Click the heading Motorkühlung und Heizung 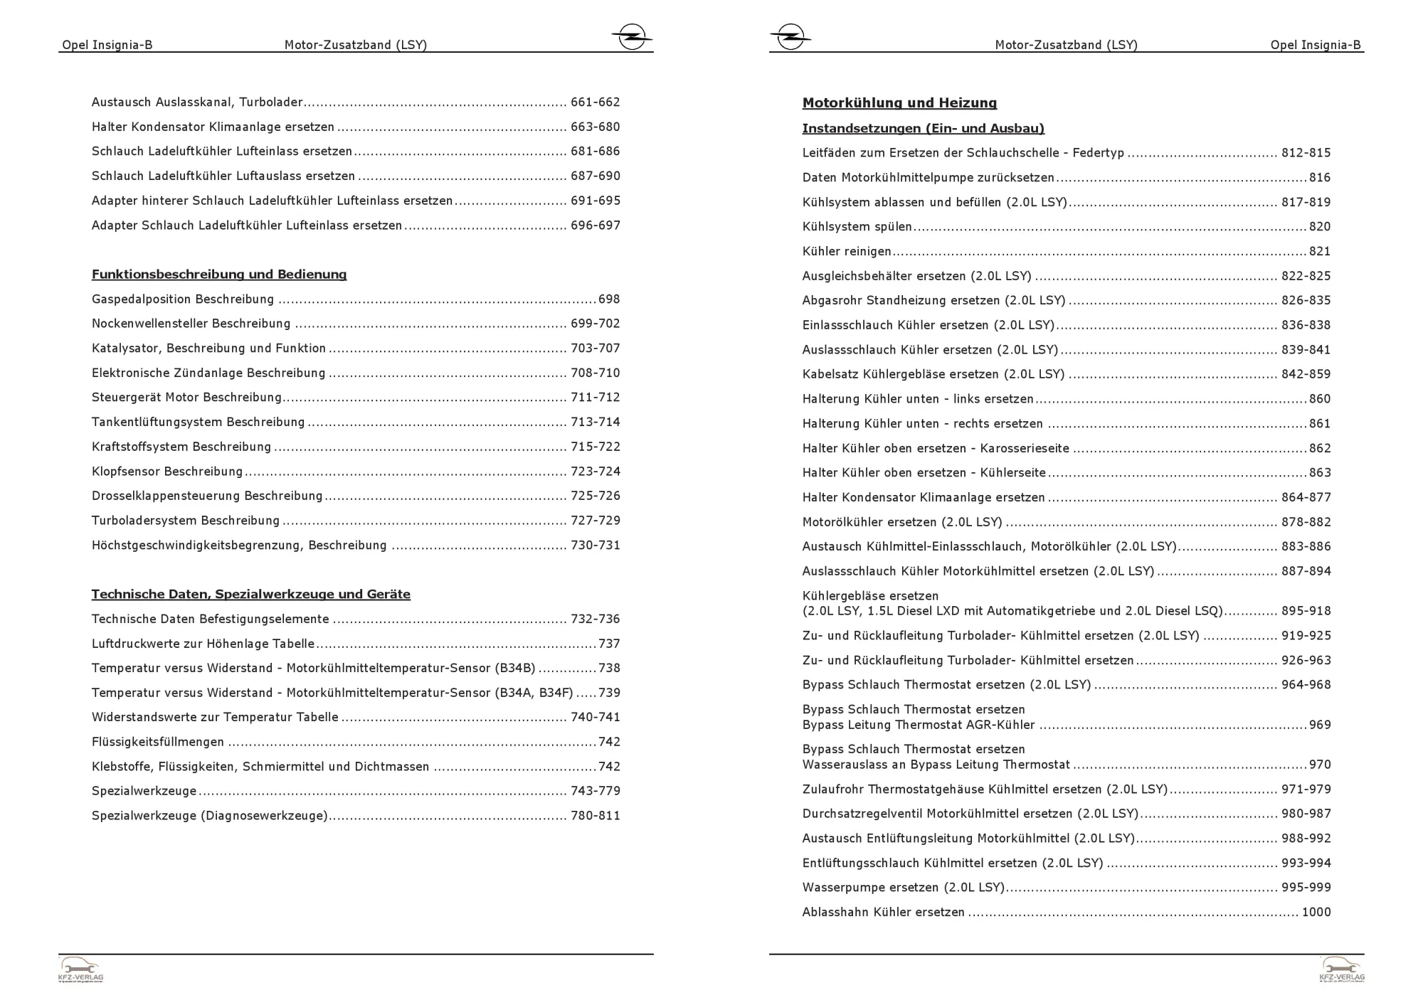click(899, 103)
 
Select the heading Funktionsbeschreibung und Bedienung click(219, 275)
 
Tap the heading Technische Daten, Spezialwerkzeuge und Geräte click(250, 594)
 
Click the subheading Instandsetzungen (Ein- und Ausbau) click(923, 129)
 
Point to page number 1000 click(1316, 912)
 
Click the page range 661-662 click(595, 102)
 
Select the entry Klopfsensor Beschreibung click(167, 472)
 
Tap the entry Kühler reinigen click(847, 251)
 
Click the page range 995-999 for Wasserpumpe click(1306, 888)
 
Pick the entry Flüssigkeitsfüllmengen click(158, 742)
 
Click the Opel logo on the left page click(631, 36)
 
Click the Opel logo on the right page click(790, 36)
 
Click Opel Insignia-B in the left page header click(107, 46)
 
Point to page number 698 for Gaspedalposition click(609, 299)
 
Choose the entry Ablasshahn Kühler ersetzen click(883, 913)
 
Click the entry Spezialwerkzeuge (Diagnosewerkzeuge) click(210, 816)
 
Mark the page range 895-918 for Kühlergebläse click(1306, 611)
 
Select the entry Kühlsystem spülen click(857, 227)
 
